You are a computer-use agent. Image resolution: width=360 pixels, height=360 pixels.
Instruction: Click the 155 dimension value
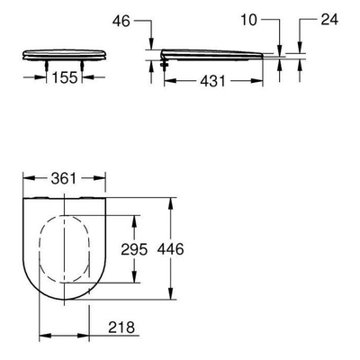click(x=65, y=77)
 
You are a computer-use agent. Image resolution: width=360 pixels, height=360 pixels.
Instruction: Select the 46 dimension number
click(x=121, y=21)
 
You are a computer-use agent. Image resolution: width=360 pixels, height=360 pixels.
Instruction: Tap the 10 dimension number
click(x=248, y=20)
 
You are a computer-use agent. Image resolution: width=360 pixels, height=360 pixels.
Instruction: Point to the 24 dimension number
click(x=329, y=20)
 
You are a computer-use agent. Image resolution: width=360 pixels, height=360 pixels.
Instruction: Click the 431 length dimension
click(x=212, y=81)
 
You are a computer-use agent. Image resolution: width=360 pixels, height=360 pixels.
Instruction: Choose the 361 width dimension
click(x=64, y=178)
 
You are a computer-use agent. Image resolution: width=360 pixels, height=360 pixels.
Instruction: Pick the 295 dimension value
click(x=134, y=249)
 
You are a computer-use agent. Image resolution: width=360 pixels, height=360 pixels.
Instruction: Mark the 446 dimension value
click(x=171, y=249)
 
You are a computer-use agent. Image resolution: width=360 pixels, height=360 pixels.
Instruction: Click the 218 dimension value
click(x=121, y=328)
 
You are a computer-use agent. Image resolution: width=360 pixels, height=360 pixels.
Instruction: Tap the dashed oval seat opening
click(x=39, y=249)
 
